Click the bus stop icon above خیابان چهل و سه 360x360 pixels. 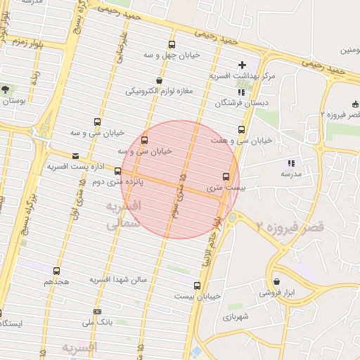coord(172,45)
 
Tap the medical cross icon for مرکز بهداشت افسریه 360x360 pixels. coord(243,65)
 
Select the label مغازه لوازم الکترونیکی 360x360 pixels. coord(159,91)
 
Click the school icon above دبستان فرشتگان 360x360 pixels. coord(240,91)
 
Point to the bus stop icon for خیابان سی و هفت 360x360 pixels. coord(242,130)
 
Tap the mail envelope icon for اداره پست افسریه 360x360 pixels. coord(76,156)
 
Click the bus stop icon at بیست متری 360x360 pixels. coord(226,177)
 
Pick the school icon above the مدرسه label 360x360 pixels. coord(291,163)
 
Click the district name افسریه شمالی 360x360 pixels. coord(123,215)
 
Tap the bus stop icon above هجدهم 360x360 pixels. coord(56,271)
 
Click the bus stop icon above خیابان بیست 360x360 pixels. coord(196,285)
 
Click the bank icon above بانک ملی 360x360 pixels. coord(96,311)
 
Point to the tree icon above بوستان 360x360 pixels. coord(6,90)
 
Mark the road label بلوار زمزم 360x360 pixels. coord(26,44)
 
